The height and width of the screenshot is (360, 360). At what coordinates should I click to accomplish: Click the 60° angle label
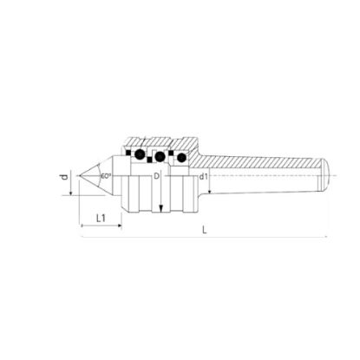[105, 175]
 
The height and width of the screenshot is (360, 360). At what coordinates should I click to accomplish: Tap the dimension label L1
[101, 217]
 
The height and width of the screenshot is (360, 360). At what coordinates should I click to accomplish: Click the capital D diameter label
[157, 177]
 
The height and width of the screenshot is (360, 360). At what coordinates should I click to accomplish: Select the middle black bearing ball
[160, 157]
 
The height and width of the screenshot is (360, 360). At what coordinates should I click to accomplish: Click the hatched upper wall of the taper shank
[260, 156]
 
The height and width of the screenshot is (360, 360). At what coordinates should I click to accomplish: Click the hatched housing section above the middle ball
[160, 142]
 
